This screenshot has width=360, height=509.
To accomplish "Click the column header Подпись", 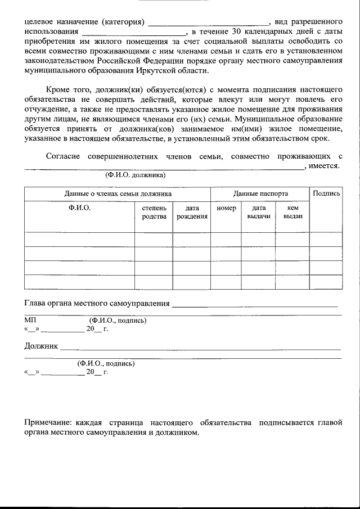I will click(x=326, y=193).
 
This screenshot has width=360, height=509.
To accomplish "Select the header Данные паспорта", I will click(x=260, y=193).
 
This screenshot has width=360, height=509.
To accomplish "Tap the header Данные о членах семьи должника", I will click(x=118, y=193).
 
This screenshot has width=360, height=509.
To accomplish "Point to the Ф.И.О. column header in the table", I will click(x=79, y=208).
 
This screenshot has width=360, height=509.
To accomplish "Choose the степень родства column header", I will click(x=154, y=212).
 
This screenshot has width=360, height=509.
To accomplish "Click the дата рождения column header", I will click(x=192, y=212).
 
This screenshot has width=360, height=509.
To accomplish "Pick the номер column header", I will click(x=226, y=208).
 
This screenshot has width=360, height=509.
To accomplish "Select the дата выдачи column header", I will click(x=258, y=212).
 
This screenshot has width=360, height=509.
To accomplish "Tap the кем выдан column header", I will click(x=292, y=212).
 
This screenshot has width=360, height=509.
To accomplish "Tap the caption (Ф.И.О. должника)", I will click(x=135, y=175).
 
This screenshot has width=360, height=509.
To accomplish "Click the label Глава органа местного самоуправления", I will click(x=97, y=303).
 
